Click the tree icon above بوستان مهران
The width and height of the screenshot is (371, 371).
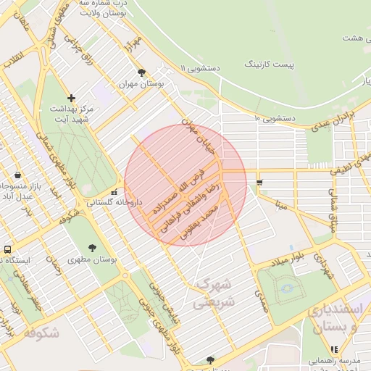click(141, 72)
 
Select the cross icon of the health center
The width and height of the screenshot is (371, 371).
click(71, 98)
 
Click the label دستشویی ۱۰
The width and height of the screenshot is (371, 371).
click(271, 118)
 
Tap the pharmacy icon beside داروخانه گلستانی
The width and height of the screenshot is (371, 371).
click(113, 192)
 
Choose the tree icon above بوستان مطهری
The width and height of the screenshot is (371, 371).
click(92, 248)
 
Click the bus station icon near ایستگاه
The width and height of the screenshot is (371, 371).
click(7, 249)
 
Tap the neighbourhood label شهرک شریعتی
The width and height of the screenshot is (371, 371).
click(214, 291)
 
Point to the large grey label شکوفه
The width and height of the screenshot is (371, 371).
click(40, 333)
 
